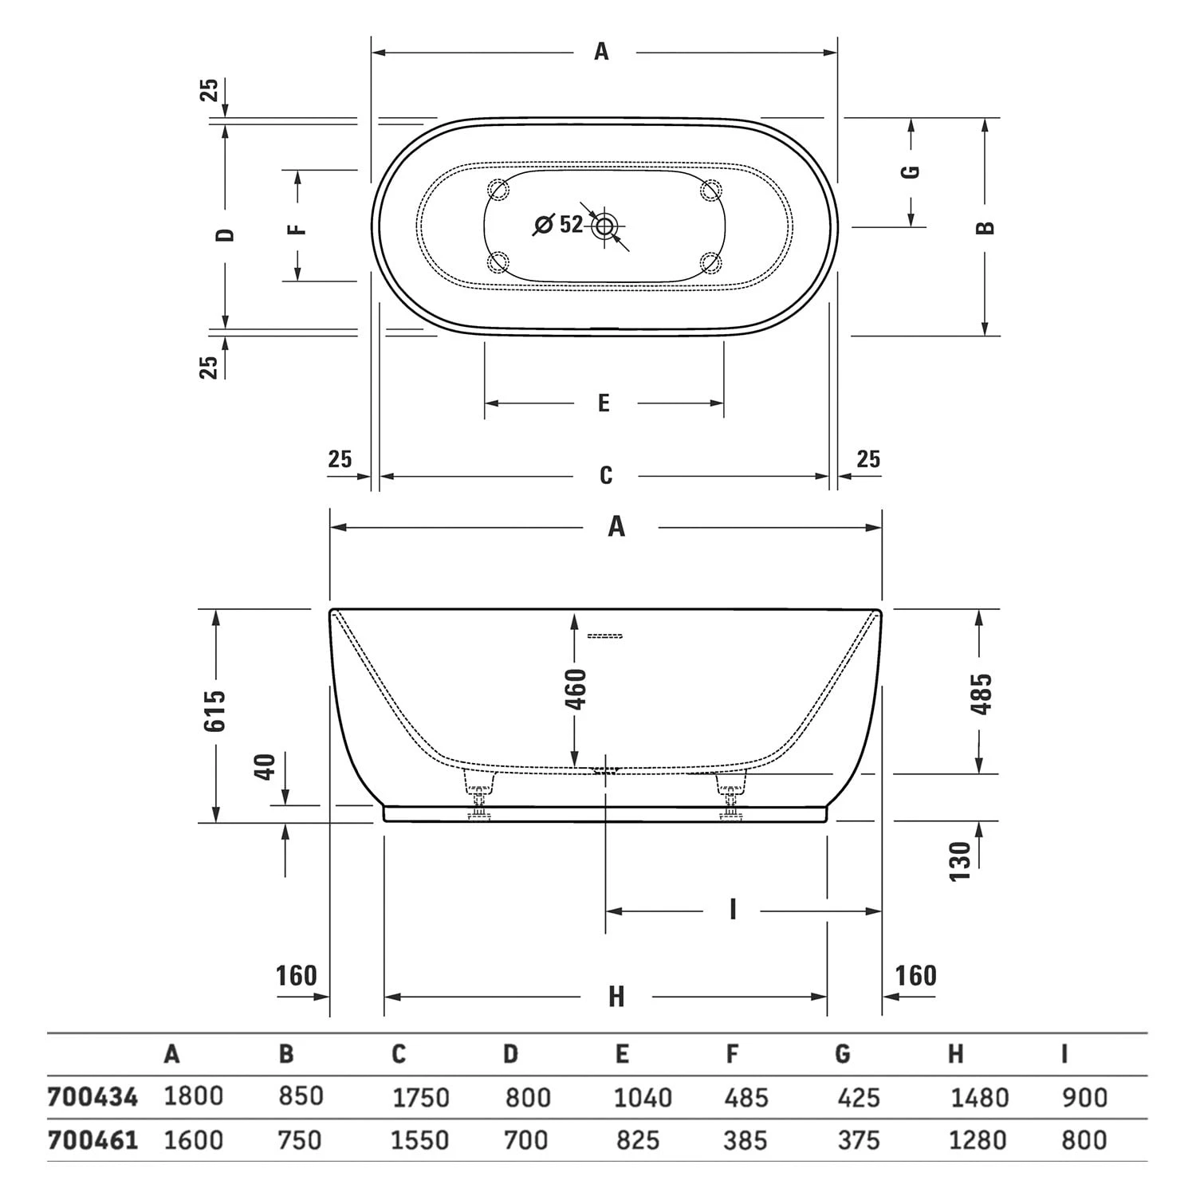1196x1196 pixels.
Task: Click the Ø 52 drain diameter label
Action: [559, 224]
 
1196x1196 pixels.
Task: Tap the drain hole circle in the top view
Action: [604, 226]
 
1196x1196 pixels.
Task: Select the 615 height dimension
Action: [214, 711]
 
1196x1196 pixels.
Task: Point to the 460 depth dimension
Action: [575, 689]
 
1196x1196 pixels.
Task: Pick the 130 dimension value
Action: [961, 861]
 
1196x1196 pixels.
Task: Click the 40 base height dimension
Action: [265, 767]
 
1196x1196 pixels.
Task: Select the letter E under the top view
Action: [604, 403]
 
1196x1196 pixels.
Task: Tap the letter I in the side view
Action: [732, 910]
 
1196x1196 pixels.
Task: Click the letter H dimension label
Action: [616, 997]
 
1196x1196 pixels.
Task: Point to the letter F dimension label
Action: [297, 229]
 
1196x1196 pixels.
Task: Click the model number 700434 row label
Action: [92, 1097]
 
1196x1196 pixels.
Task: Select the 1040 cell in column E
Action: [642, 1098]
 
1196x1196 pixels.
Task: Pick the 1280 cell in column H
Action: [979, 1140]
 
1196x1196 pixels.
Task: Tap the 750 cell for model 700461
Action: [300, 1140]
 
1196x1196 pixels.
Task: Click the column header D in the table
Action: [510, 1054]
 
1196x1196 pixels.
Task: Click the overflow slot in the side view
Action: [604, 635]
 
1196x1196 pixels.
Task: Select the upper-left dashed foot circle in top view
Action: [499, 190]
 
